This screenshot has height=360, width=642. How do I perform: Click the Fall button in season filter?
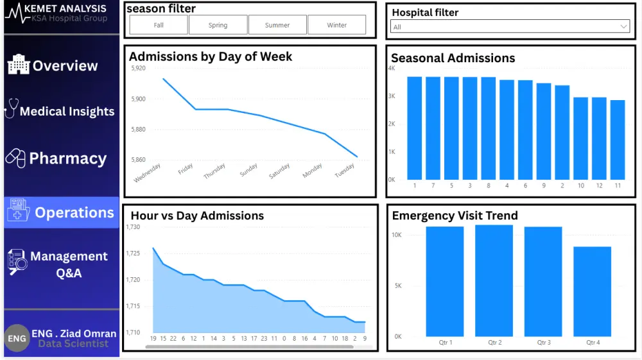point(159,25)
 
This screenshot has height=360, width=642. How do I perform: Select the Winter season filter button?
point(336,25)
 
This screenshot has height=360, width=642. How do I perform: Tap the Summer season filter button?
point(277,25)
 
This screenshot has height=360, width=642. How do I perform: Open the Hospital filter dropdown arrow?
point(624,26)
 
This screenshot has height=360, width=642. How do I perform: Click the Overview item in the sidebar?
point(65,65)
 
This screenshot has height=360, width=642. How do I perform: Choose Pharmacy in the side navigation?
point(67,159)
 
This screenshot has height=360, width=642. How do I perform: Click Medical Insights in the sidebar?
point(67,111)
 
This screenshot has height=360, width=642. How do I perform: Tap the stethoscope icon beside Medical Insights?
point(11,108)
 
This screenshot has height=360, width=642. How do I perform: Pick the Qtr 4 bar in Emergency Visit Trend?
point(592,291)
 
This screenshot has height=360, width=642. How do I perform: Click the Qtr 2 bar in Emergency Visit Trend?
point(494,280)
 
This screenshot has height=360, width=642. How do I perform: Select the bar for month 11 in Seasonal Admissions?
point(618,140)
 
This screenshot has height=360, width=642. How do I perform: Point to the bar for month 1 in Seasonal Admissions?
point(415,128)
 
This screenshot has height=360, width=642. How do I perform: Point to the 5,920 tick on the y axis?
point(138,68)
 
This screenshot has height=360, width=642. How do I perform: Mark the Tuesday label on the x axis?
point(345,171)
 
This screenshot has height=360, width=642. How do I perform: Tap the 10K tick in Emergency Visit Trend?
point(397,235)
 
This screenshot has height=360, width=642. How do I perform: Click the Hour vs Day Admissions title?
point(197,216)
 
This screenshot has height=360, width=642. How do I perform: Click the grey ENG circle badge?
point(17,338)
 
